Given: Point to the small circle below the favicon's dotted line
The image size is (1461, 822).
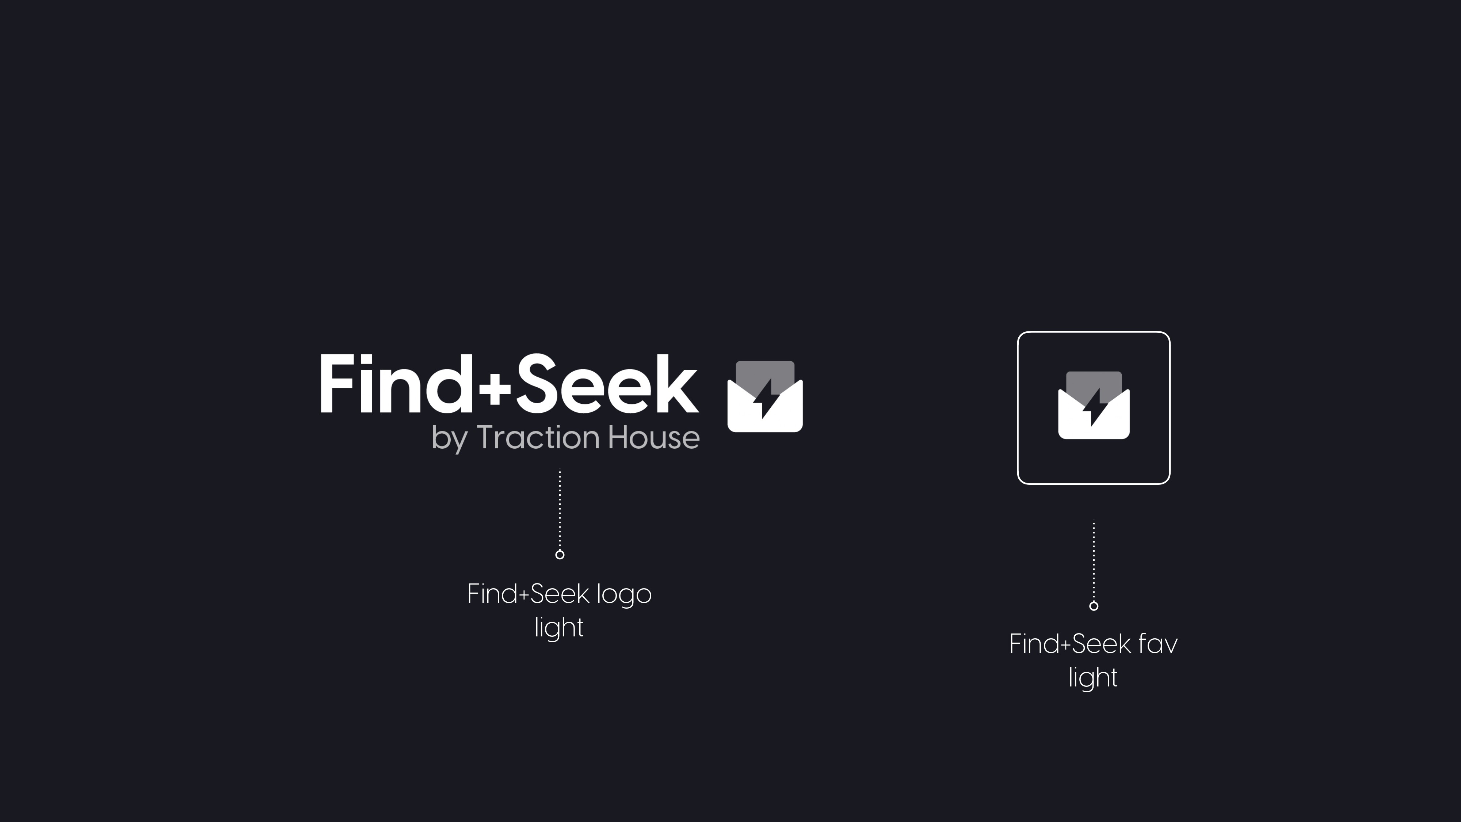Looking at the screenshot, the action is click(1094, 606).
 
